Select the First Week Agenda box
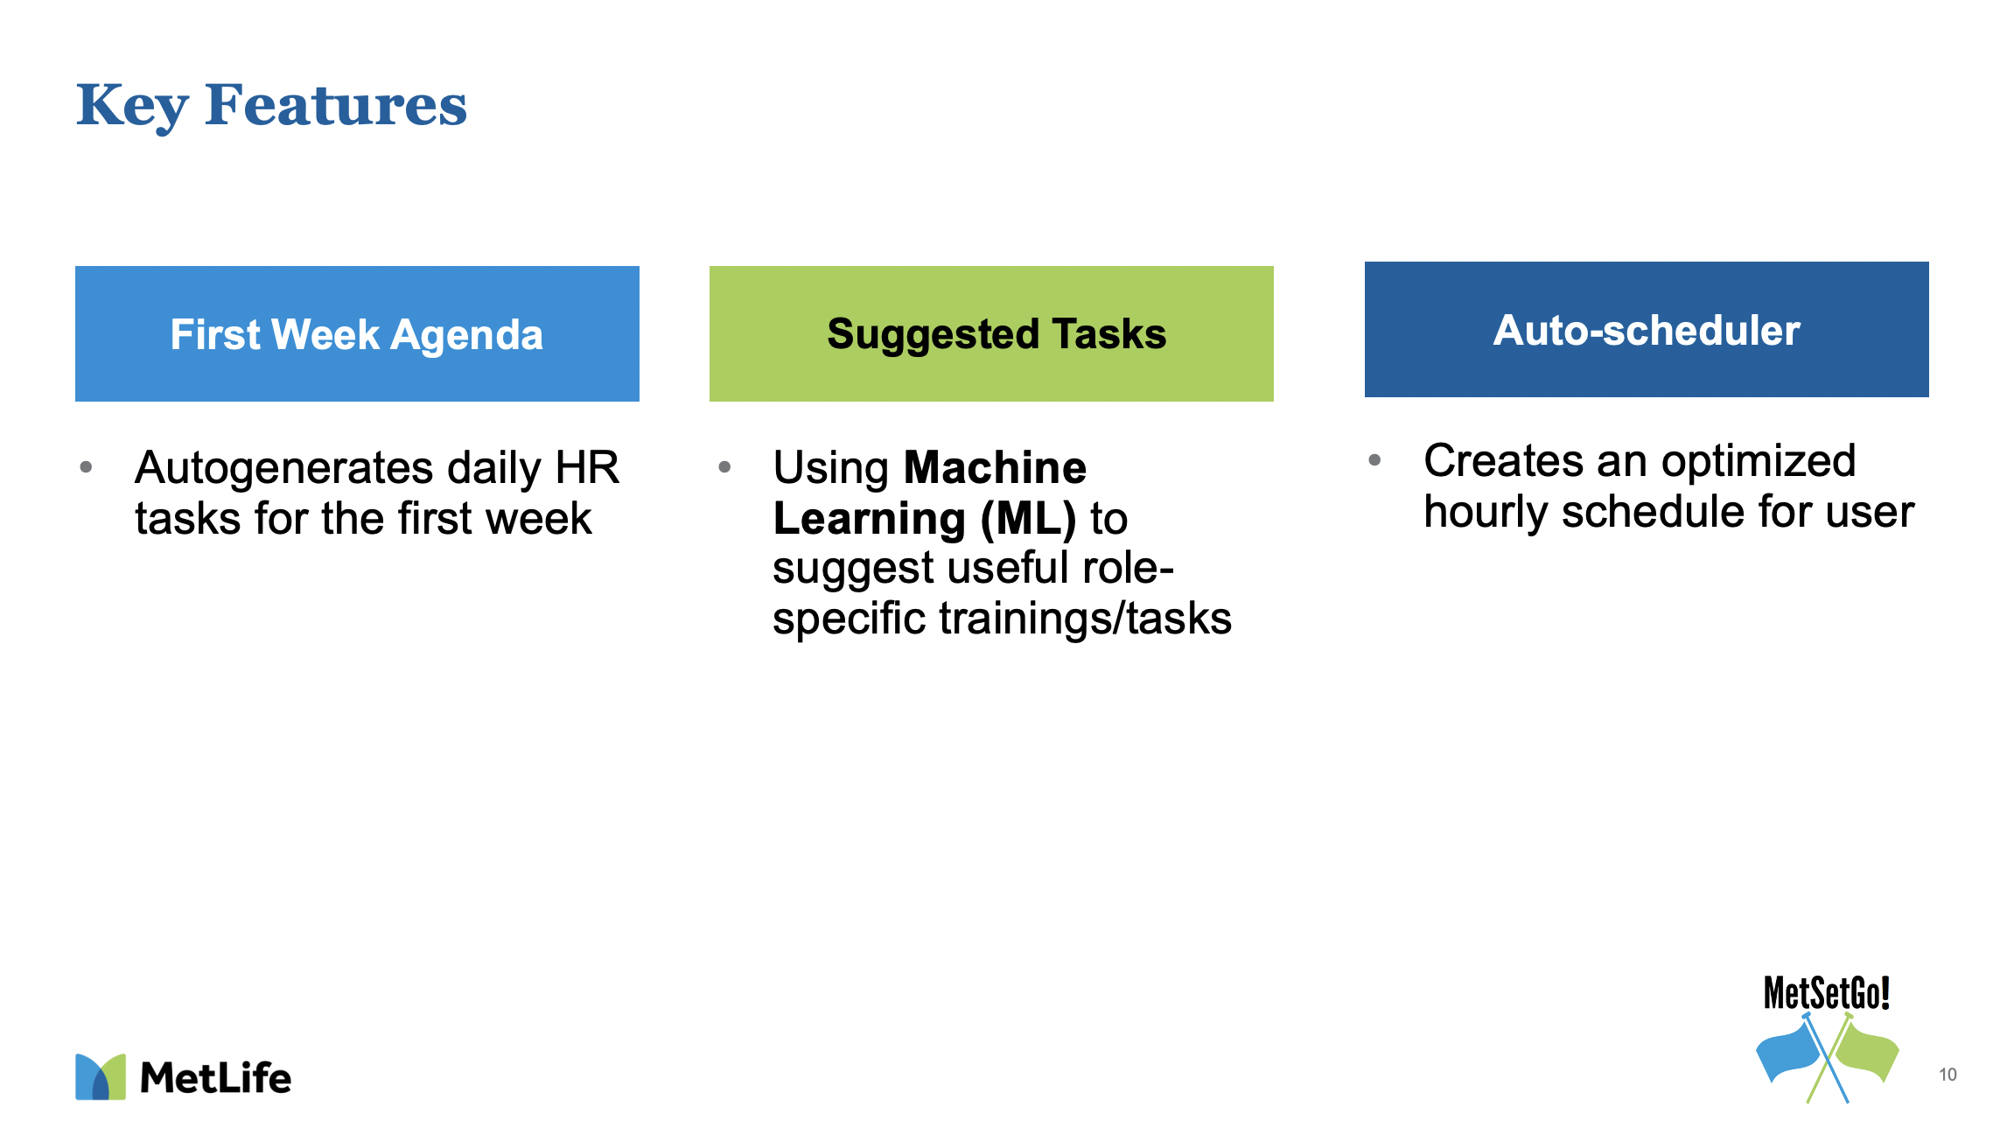tap(357, 333)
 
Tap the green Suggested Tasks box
tap(991, 333)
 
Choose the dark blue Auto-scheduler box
tap(1647, 329)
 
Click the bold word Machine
tap(995, 467)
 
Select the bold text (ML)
tap(1028, 519)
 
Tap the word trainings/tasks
tap(1085, 619)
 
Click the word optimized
tap(1758, 462)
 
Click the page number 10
tap(1948, 1074)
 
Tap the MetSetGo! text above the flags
tap(1827, 993)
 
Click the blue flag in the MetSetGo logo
tap(1788, 1053)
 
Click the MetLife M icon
tap(101, 1076)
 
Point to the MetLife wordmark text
tap(215, 1078)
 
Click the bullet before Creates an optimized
tap(1374, 460)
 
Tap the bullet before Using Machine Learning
tap(724, 467)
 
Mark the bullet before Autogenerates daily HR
tap(86, 467)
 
